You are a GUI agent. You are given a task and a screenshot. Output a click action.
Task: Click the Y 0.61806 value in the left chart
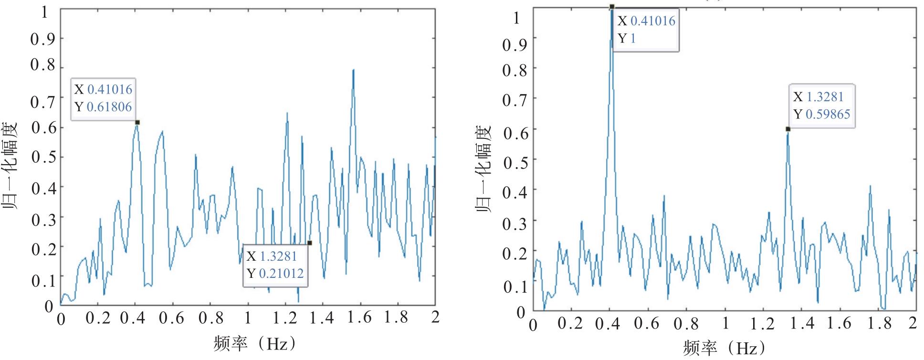pyautogui.click(x=109, y=107)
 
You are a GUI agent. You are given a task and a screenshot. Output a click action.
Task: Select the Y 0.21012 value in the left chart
pyautogui.click(x=282, y=274)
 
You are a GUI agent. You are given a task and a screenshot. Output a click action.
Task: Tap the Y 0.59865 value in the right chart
pyautogui.click(x=828, y=115)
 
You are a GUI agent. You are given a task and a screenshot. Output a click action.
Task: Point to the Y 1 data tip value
pyautogui.click(x=633, y=39)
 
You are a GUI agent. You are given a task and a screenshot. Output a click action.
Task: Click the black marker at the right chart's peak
pyautogui.click(x=612, y=7)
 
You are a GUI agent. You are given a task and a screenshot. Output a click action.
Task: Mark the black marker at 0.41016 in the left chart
pyautogui.click(x=137, y=123)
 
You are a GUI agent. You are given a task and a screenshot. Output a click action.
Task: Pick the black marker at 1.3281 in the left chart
pyautogui.click(x=310, y=243)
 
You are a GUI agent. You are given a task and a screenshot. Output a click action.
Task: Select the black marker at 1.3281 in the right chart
pyautogui.click(x=788, y=129)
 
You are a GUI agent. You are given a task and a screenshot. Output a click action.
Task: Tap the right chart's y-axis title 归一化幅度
pyautogui.click(x=483, y=169)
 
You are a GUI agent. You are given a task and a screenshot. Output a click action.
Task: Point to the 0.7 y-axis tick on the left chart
pyautogui.click(x=43, y=101)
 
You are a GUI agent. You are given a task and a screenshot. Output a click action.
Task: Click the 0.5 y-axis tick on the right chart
pyautogui.click(x=515, y=163)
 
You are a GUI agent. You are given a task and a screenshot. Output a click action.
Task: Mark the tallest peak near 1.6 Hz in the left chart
pyautogui.click(x=353, y=70)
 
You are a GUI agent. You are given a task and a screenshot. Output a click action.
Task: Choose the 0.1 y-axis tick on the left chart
pyautogui.click(x=43, y=280)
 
